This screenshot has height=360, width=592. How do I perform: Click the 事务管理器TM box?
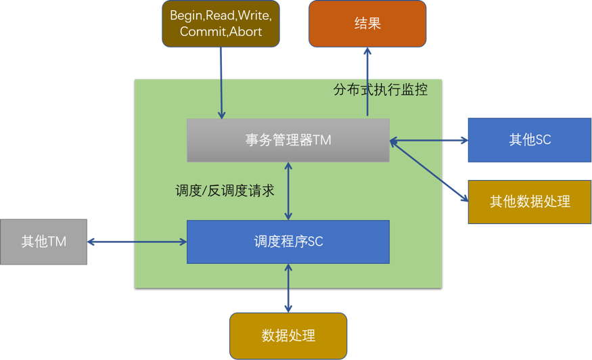288,140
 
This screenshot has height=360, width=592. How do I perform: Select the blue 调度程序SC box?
288,242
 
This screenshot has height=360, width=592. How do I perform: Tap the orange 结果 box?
367,24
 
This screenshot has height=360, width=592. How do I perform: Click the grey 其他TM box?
44,242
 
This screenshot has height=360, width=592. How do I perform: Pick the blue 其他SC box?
530,140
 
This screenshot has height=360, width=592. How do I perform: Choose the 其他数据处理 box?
530,202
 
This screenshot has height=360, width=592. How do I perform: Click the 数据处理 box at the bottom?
288,336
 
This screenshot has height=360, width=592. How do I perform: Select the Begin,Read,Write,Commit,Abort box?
221,24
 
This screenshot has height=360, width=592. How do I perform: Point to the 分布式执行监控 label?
381,90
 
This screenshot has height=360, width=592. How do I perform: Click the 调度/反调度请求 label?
225,191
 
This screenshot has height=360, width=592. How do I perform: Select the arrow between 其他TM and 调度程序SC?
137,242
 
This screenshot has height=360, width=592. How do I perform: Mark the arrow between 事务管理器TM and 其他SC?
429,141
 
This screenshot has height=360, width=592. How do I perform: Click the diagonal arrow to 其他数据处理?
429,171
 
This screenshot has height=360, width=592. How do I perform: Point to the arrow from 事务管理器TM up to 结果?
367,81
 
